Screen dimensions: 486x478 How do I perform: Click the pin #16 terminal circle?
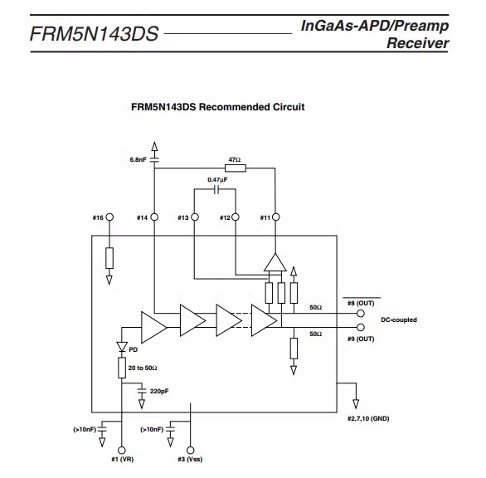[x=109, y=217]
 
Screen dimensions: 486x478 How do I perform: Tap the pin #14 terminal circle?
[x=154, y=217]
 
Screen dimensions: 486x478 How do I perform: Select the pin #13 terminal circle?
[x=195, y=217]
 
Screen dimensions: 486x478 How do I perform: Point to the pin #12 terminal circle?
[x=236, y=217]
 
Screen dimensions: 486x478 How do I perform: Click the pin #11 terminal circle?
[x=275, y=217]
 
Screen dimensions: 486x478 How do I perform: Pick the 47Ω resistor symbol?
[x=236, y=168]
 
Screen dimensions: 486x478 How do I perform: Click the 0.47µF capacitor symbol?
[x=217, y=189]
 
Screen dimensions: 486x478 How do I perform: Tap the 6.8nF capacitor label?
[x=138, y=159]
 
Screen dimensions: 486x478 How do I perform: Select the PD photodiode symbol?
[x=122, y=346]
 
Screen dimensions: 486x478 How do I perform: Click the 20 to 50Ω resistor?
[x=122, y=368]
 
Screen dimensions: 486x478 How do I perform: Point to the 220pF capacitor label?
[x=159, y=391]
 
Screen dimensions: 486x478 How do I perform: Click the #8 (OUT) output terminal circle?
[x=361, y=314]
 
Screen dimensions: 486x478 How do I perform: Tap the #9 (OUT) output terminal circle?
[x=361, y=327]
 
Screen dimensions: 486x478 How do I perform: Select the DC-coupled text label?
[x=399, y=319]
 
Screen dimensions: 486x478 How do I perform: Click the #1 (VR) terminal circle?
[x=122, y=450]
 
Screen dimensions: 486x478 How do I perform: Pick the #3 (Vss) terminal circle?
[x=190, y=450]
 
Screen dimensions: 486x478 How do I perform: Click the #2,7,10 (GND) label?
[x=368, y=418]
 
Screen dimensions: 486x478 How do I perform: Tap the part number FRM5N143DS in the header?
[x=95, y=33]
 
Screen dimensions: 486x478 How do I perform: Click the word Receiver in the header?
[x=417, y=43]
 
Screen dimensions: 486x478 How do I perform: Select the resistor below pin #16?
[x=109, y=258]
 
